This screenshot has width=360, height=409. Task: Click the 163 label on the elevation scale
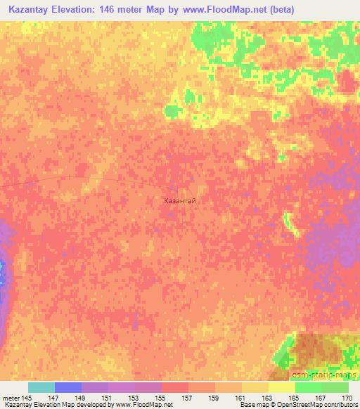click(x=266, y=398)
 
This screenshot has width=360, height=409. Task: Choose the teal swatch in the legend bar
click(x=41, y=387)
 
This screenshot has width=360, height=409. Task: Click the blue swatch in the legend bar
click(x=68, y=387)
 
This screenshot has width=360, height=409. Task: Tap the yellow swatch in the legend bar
click(x=281, y=387)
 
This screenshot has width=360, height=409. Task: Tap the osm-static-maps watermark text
click(x=330, y=373)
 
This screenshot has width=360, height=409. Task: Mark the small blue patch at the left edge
click(x=2, y=271)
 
